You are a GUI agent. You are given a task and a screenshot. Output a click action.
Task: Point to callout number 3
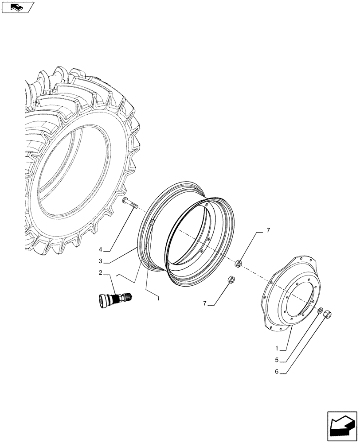tap(101, 260)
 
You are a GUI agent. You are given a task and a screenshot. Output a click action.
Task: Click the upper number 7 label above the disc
tap(268, 230)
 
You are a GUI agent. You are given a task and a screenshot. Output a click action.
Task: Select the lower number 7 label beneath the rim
tap(205, 303)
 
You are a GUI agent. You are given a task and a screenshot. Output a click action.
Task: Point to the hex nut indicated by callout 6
tap(328, 315)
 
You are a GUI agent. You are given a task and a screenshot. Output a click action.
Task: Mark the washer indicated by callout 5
tap(320, 310)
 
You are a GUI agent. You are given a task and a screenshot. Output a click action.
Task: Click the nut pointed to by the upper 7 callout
tap(238, 264)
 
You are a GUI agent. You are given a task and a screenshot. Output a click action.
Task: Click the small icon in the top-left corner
tap(17, 7)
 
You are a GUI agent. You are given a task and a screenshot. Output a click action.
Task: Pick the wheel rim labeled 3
tap(195, 235)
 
